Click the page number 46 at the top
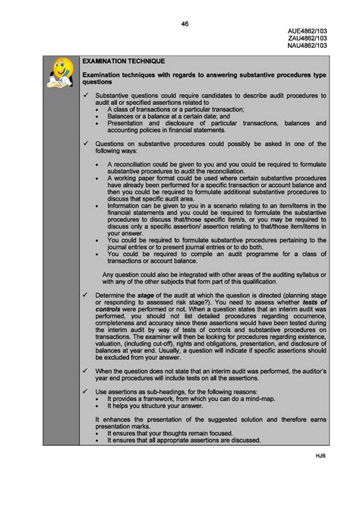point(185,24)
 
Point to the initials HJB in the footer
point(321,455)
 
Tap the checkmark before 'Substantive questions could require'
point(87,96)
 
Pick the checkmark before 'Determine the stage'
point(87,294)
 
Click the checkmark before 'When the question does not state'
point(87,370)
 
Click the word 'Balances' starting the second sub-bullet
point(122,116)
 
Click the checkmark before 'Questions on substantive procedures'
point(87,144)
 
